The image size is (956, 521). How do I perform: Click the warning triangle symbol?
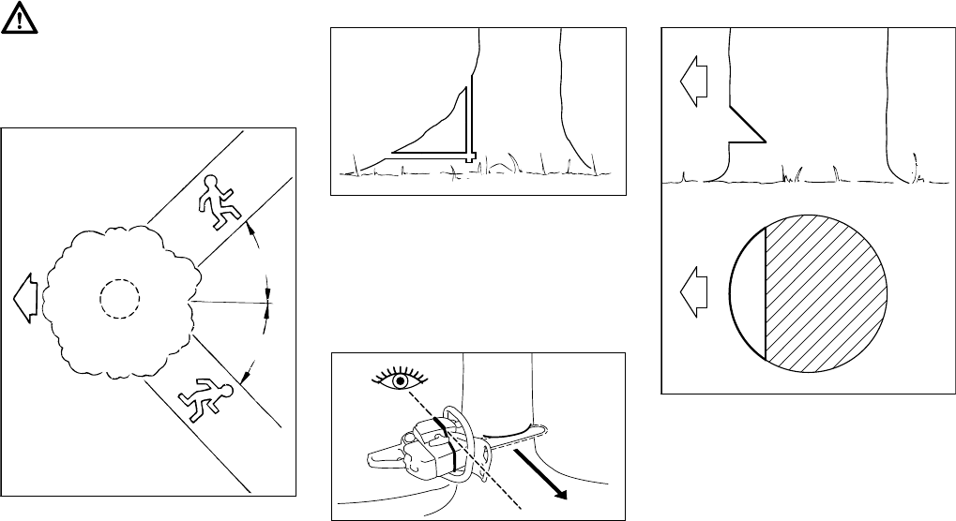pos(19,19)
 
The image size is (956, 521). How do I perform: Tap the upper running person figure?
pos(218,198)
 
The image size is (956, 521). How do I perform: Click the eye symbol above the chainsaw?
pos(399,381)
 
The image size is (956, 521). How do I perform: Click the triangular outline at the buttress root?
pos(441,131)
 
